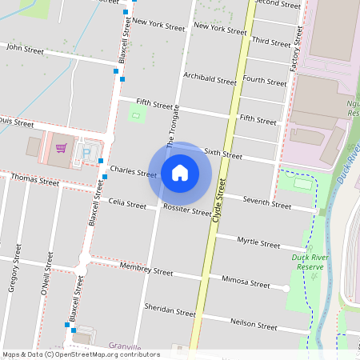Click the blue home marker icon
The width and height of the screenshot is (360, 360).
coord(180,172)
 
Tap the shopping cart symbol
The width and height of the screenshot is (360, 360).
coord(61,148)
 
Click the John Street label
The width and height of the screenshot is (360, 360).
coord(24,48)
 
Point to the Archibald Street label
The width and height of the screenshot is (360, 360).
coord(210,78)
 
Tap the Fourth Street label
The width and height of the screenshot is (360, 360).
coord(265,81)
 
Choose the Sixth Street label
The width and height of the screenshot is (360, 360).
coord(222,153)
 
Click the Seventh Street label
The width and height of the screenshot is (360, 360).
coord(269,204)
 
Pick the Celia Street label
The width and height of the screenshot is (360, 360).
coord(127,204)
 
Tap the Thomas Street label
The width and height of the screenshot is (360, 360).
coord(35,182)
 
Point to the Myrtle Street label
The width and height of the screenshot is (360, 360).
coord(258,243)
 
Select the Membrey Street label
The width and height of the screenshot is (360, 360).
coord(146,271)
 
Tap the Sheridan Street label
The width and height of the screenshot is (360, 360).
coord(170,310)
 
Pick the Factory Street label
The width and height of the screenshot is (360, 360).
coord(296,50)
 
